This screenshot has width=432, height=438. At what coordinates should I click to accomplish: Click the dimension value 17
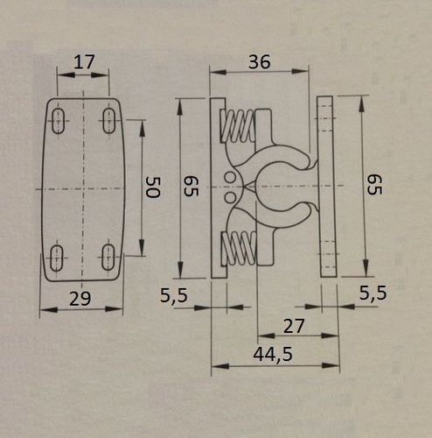(84, 62)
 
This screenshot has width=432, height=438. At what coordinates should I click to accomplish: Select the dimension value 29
(80, 299)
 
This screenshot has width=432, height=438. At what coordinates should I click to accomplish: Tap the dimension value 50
(153, 187)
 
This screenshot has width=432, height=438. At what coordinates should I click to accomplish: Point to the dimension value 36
(259, 61)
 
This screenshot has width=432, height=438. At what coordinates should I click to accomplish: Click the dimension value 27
(294, 326)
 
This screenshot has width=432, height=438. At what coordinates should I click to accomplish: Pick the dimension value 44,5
(273, 355)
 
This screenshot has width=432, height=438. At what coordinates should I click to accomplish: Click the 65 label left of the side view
(191, 187)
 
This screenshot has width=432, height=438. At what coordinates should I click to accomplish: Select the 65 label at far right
(374, 185)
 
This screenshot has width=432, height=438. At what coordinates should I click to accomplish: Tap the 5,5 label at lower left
(174, 295)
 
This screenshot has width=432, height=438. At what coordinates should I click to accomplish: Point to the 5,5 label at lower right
(373, 293)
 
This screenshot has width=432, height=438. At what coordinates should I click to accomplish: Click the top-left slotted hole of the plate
(59, 121)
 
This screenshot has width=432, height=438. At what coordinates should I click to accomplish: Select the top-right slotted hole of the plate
(109, 121)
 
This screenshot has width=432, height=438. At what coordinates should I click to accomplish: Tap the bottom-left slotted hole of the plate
(57, 258)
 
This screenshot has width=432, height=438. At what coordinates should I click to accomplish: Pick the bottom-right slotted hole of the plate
(108, 258)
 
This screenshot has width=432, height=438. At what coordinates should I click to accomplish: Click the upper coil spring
(238, 126)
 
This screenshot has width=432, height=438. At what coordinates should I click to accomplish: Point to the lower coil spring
(239, 249)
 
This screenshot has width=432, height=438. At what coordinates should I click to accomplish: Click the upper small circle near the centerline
(230, 178)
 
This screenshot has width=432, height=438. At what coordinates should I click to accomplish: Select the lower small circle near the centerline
(230, 197)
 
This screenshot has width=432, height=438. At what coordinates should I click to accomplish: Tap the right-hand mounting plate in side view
(327, 187)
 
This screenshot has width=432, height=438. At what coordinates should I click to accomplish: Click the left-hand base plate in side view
(219, 188)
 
